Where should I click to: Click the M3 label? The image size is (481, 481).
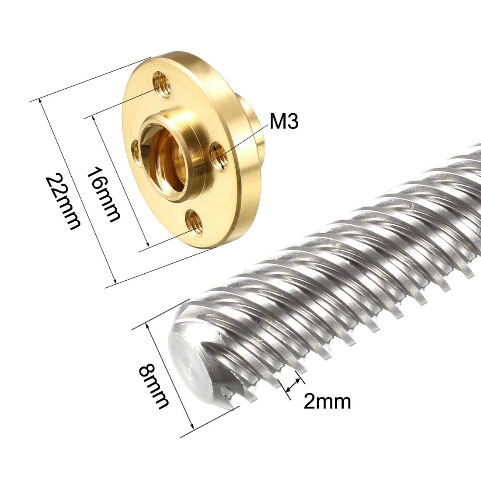[284, 122]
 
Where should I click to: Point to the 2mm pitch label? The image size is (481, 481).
[327, 401]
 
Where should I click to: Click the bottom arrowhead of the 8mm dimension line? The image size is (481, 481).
[191, 427]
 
